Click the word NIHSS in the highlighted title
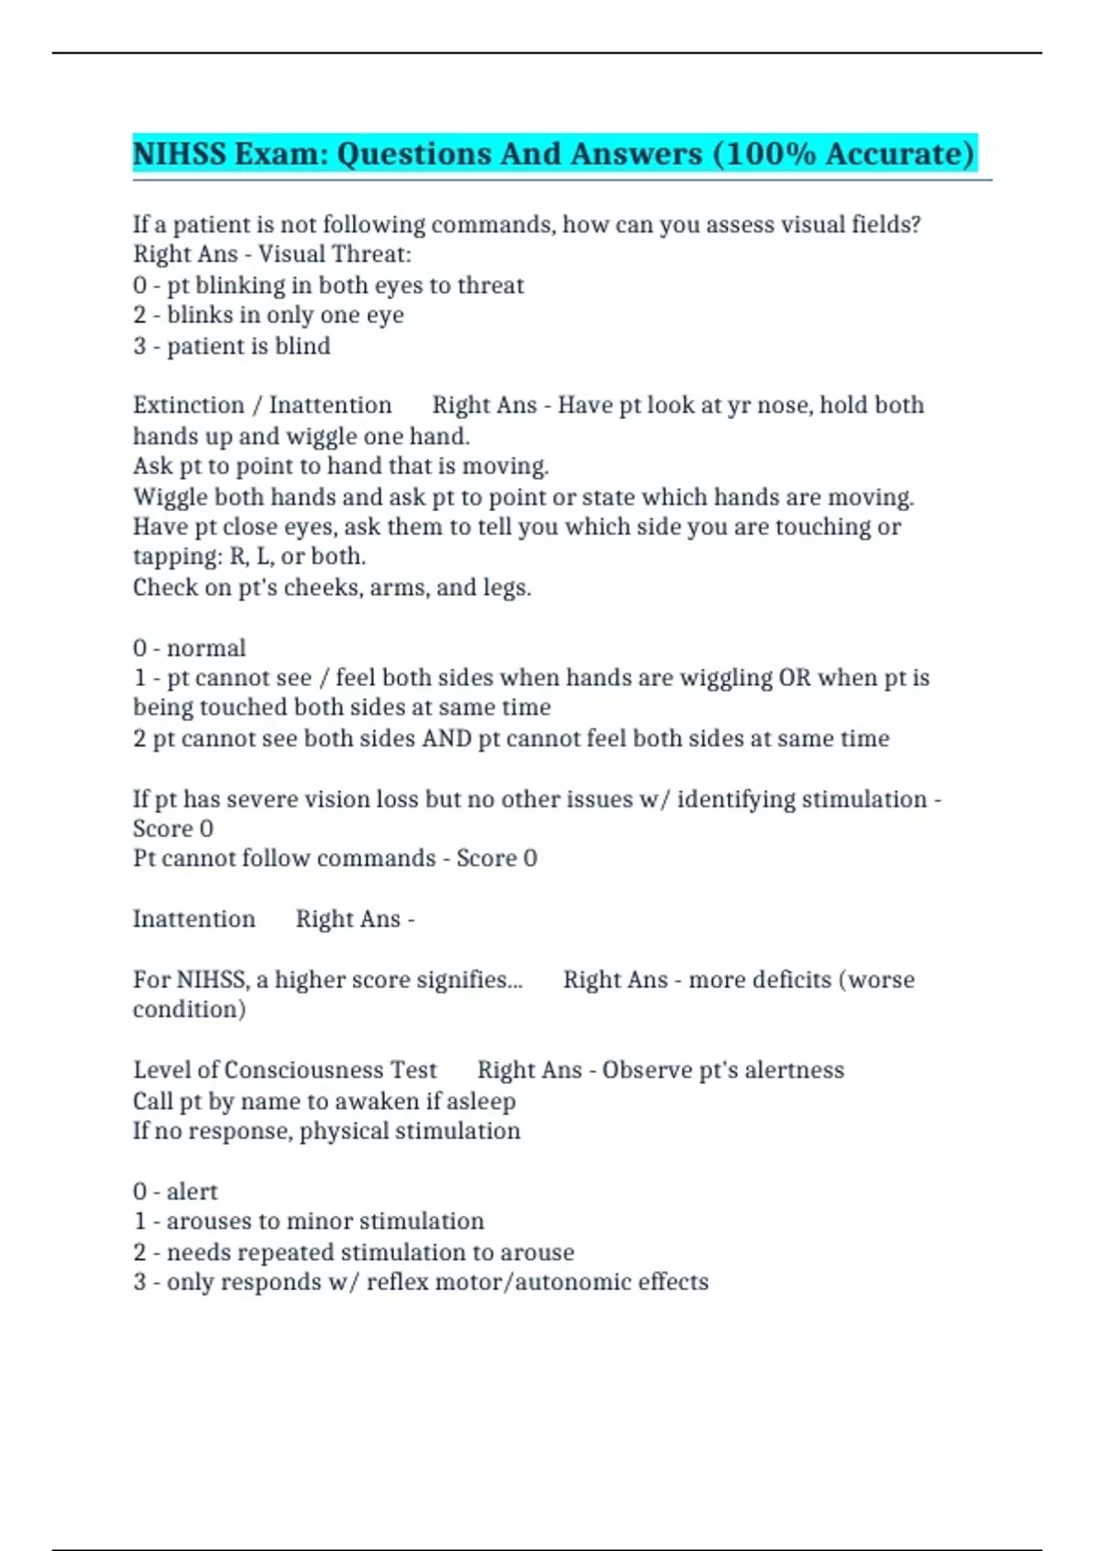click(179, 153)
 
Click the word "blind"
click(303, 346)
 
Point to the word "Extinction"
click(189, 405)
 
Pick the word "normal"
click(206, 648)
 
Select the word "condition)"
click(190, 1010)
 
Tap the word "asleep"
click(481, 1101)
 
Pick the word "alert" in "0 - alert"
click(193, 1192)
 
